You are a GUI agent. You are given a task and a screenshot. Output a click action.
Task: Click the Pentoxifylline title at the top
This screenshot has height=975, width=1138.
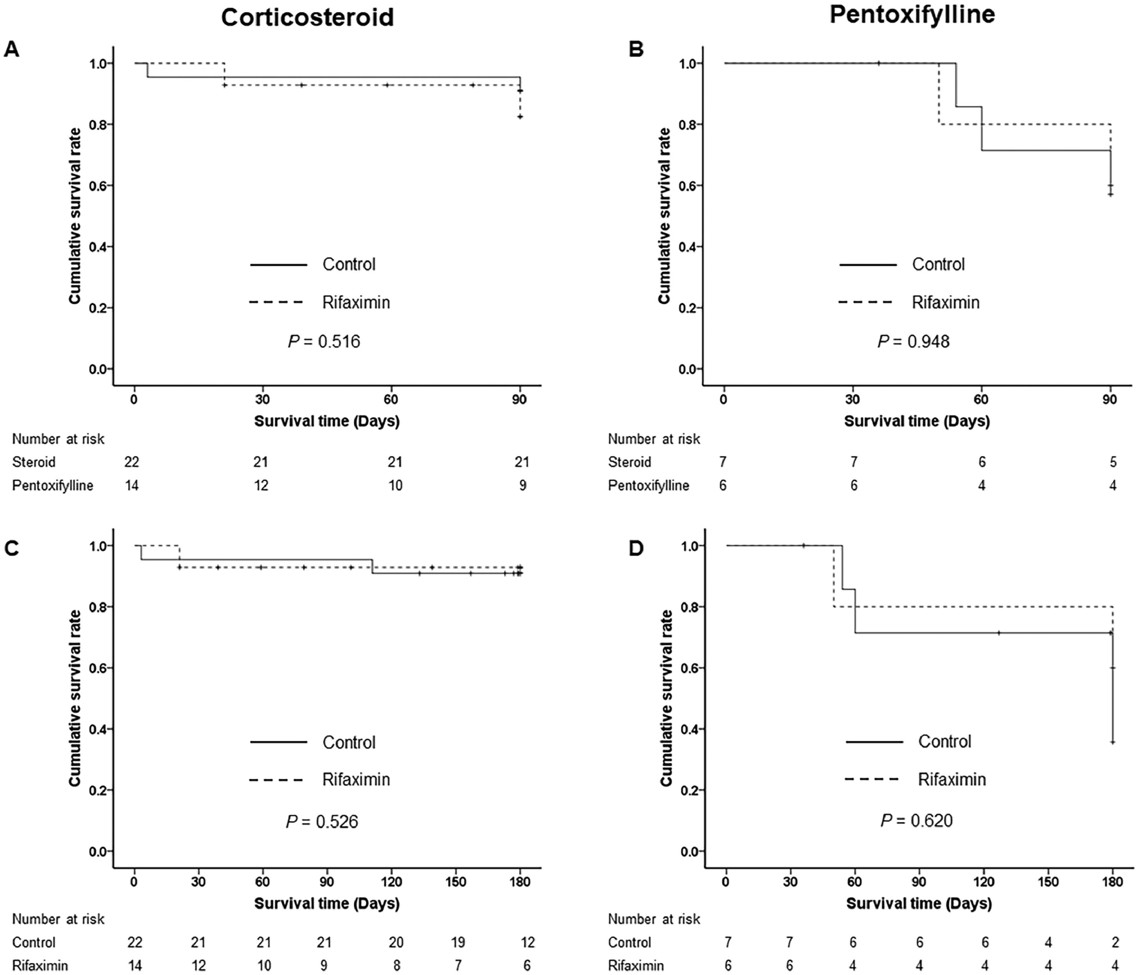point(912,14)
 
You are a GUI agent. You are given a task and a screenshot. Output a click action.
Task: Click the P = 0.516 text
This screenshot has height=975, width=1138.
point(324,342)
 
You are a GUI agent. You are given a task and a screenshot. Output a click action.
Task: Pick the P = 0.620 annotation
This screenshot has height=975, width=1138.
point(917,820)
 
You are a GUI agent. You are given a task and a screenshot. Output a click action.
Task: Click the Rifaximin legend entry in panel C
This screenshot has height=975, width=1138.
point(356,780)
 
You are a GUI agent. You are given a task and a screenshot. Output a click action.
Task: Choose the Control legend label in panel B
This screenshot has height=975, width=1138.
point(938,265)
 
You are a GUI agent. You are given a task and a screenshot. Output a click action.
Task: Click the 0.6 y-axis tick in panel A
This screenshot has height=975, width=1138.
point(98,186)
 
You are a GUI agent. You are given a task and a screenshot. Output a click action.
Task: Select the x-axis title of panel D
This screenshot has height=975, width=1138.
point(919,903)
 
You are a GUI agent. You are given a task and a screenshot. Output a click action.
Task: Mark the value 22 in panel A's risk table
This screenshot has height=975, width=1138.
point(132,462)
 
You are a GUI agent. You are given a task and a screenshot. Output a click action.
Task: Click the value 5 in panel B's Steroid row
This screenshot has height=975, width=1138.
point(1113,462)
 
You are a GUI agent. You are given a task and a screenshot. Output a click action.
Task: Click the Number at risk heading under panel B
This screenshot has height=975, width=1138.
point(654,439)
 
